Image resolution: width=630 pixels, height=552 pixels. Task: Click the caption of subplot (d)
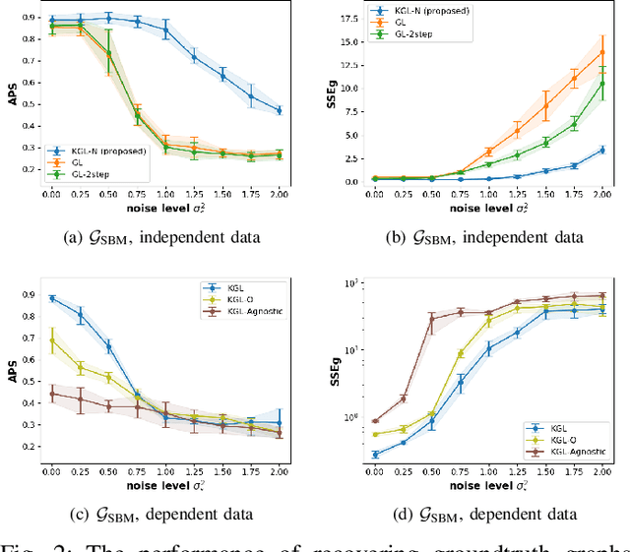pos(480,513)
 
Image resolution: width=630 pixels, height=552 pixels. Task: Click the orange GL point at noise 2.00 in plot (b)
pos(602,52)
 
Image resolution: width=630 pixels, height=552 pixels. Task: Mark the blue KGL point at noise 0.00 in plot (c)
pos(52,298)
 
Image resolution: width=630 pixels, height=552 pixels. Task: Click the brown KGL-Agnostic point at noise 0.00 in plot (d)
pos(374,421)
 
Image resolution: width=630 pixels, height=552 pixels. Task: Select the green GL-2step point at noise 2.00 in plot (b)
pos(602,84)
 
